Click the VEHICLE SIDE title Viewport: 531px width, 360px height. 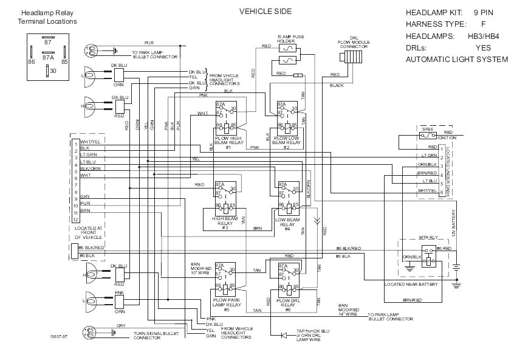click(x=265, y=11)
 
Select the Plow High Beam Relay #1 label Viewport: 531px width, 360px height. click(x=228, y=142)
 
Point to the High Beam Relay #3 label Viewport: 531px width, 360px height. click(x=224, y=223)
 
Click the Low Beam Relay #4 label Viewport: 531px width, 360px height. click(x=287, y=222)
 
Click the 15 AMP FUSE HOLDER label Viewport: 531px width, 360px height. click(x=289, y=40)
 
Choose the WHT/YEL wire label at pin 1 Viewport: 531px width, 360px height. click(x=89, y=142)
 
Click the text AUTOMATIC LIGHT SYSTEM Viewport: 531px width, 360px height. click(x=456, y=60)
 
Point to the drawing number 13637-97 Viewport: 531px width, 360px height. click(x=60, y=336)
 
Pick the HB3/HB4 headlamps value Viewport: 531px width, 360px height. click(x=484, y=36)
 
